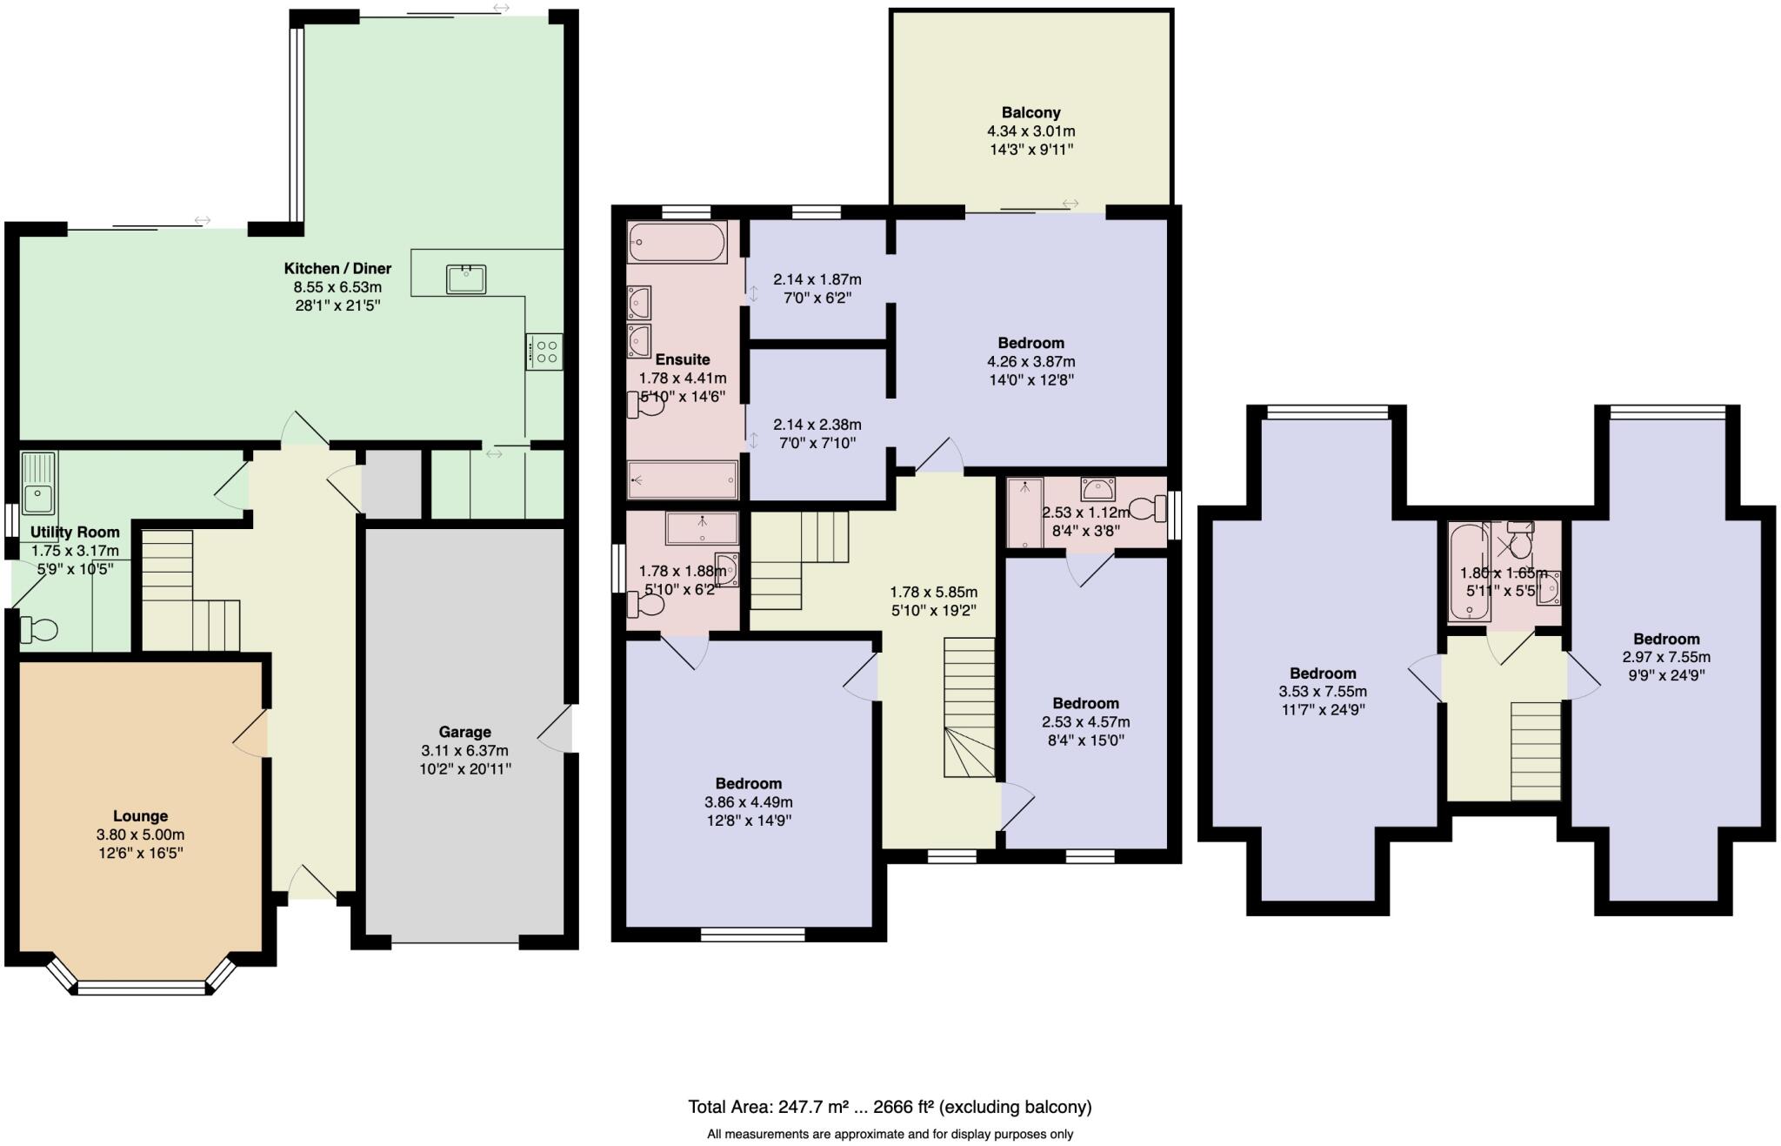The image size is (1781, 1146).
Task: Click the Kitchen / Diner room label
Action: pyautogui.click(x=337, y=268)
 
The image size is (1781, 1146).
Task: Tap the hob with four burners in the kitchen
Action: pyautogui.click(x=545, y=352)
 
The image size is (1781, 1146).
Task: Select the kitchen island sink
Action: pyautogui.click(x=466, y=279)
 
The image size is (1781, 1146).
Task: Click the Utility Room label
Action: pyautogui.click(x=75, y=532)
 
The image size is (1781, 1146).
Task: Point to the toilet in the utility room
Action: pyautogui.click(x=39, y=628)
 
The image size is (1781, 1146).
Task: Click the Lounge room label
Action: pyautogui.click(x=140, y=815)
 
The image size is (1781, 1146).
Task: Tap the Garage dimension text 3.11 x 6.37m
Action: pyautogui.click(x=464, y=750)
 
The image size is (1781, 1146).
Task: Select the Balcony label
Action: pyautogui.click(x=1031, y=112)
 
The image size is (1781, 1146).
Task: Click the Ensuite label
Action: pyautogui.click(x=682, y=359)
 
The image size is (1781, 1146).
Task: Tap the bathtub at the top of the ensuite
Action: pyautogui.click(x=677, y=242)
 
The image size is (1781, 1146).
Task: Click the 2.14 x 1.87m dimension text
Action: pyautogui.click(x=817, y=279)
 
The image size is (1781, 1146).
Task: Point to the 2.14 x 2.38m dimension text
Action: pyautogui.click(x=817, y=425)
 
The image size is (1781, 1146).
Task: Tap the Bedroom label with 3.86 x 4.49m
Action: pyautogui.click(x=748, y=783)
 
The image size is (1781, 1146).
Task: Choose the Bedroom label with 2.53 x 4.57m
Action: pyautogui.click(x=1085, y=703)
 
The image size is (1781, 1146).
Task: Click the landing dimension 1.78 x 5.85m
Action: pyautogui.click(x=933, y=592)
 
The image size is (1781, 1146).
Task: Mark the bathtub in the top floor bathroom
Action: pyautogui.click(x=1469, y=571)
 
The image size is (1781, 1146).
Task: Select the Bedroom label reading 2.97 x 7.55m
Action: pyautogui.click(x=1665, y=639)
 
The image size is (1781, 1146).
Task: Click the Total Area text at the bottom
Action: pyautogui.click(x=889, y=1107)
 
